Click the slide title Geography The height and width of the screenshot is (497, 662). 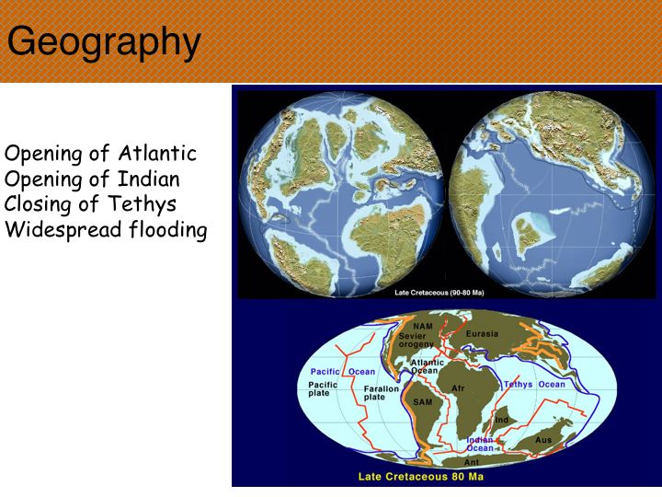(x=104, y=43)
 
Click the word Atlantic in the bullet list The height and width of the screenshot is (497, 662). (x=157, y=153)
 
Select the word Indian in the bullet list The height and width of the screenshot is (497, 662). (x=149, y=179)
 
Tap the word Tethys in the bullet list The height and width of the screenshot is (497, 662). (x=142, y=204)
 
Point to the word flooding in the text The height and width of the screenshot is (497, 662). (x=168, y=229)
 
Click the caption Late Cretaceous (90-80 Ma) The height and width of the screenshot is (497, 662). (x=439, y=293)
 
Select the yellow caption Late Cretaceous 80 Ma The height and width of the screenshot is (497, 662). (x=421, y=477)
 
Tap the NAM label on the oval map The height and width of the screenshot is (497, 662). (x=423, y=326)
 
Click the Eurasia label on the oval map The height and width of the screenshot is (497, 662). (x=482, y=334)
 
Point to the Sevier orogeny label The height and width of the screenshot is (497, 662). (x=416, y=341)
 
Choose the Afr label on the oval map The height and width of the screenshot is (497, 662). (x=458, y=388)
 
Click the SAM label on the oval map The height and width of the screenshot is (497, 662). (x=423, y=402)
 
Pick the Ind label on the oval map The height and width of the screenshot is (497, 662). (x=502, y=420)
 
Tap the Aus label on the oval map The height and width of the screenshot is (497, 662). (x=543, y=440)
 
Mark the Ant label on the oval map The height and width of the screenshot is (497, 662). (x=472, y=462)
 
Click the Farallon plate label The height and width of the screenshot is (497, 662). (x=382, y=393)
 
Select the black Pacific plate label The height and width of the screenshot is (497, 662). (x=323, y=388)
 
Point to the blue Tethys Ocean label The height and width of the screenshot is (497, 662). (x=534, y=385)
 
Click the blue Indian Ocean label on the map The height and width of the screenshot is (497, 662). (x=480, y=445)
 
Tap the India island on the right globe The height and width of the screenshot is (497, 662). (x=527, y=233)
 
